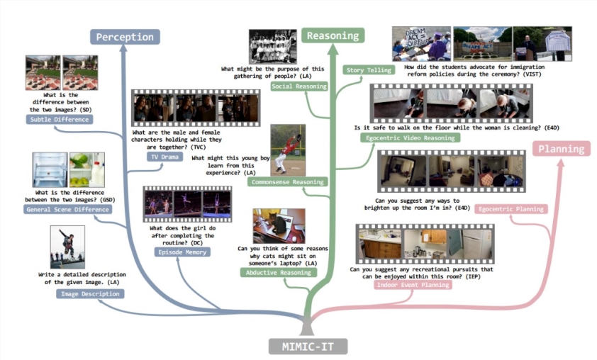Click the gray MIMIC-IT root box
coord(308,347)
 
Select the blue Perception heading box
coord(125,37)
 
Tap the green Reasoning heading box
coord(333,35)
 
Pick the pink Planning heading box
coord(562,148)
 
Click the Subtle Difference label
coord(60,120)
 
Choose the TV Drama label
coord(165,157)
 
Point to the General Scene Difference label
coord(68,209)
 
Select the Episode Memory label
coord(182,252)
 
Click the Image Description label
coord(90,294)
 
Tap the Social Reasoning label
coord(299,86)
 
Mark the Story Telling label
coord(369,70)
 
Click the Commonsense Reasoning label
coord(287,182)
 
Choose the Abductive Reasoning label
coord(279,272)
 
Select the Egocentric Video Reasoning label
coord(411,137)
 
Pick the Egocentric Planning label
coord(511,209)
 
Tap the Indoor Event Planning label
coord(413,285)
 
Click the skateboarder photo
coord(68,247)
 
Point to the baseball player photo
coord(288,150)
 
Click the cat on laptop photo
coord(279,226)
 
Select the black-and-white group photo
coord(272,47)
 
